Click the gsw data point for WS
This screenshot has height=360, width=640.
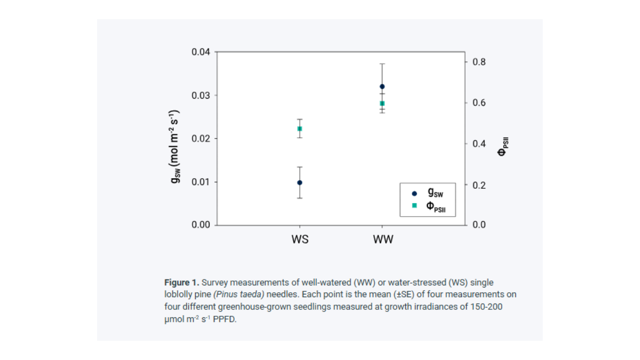tap(300, 182)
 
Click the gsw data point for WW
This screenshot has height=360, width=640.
tap(382, 86)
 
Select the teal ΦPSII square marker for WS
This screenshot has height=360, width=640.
tap(300, 129)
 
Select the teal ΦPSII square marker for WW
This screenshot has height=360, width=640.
tap(382, 103)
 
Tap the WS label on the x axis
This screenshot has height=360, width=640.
tap(300, 239)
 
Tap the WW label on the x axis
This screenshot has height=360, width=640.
tap(383, 239)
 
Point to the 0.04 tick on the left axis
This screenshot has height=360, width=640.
tap(201, 52)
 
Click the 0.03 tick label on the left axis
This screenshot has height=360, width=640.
tap(201, 95)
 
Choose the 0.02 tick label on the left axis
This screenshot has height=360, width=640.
tap(201, 139)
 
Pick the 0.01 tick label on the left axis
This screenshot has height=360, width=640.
tap(201, 182)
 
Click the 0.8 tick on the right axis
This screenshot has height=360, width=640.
tap(479, 62)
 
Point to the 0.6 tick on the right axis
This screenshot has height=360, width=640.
tap(479, 103)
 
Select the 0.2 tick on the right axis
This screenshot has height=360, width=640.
tap(479, 185)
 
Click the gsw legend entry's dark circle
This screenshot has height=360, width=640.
tap(414, 194)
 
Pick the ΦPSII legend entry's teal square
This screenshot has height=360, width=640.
tap(414, 206)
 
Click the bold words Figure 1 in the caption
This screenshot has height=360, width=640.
tap(181, 282)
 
